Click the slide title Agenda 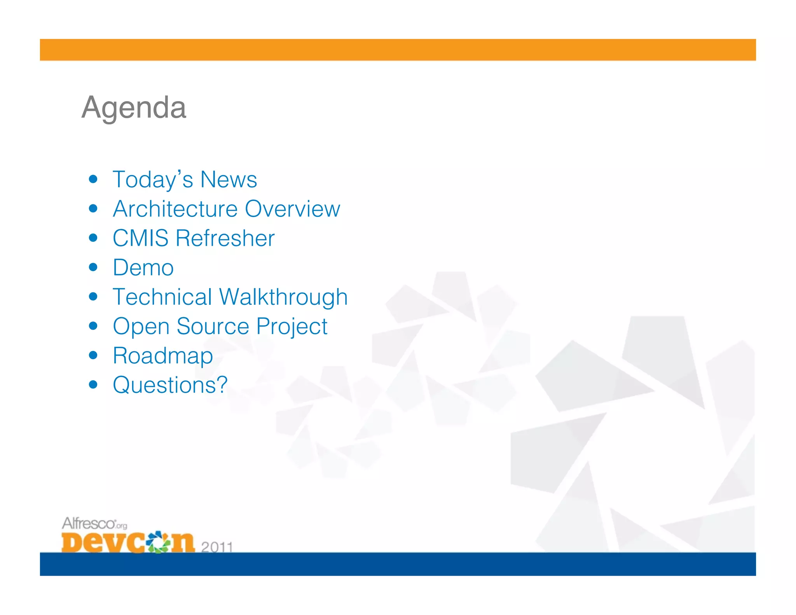pos(134,108)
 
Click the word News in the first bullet pos(229,180)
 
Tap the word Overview pos(293,209)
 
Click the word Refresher pos(225,238)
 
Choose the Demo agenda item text pos(143,267)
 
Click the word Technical pos(162,297)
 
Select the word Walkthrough pos(283,297)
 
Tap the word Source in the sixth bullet pos(213,326)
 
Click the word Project pos(292,327)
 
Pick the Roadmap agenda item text pos(163,356)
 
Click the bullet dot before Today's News pos(93,179)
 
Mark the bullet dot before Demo pos(93,267)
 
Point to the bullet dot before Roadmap pos(93,355)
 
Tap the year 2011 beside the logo pos(217,547)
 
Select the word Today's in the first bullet pos(153,180)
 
